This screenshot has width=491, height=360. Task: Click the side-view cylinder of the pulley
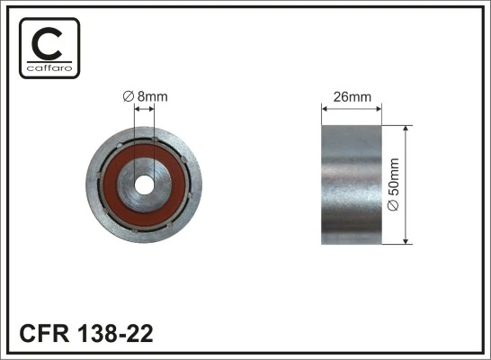point(352,184)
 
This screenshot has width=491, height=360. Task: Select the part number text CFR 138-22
point(86,334)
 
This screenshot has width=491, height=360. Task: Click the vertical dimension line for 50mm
point(407,184)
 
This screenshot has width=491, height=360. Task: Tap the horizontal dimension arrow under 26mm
point(352,110)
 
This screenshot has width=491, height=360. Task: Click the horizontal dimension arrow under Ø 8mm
point(144,110)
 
